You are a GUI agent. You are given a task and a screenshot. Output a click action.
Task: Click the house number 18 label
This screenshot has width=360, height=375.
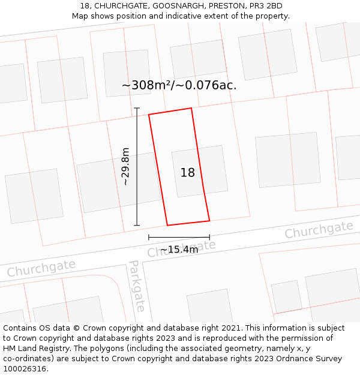point(187,173)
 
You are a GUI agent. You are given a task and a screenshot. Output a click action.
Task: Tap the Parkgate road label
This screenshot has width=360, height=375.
point(137,286)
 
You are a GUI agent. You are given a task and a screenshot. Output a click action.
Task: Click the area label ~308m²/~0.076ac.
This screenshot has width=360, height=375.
point(179,85)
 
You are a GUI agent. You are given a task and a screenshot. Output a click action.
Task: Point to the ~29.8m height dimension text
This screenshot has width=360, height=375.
point(125,166)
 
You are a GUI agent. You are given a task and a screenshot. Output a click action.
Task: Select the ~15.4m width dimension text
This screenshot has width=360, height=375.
point(179,250)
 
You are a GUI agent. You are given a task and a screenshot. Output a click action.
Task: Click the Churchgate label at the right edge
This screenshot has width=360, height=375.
point(319,230)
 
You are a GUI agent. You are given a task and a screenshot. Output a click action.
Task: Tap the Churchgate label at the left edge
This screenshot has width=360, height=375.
point(41,268)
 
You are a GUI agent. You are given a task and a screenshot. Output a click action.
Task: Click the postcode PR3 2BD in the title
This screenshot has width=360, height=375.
point(266,6)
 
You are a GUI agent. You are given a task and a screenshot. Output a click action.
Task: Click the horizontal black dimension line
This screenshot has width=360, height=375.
point(179,237)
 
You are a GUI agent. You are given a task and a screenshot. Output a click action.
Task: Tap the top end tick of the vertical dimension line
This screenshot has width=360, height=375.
point(137,109)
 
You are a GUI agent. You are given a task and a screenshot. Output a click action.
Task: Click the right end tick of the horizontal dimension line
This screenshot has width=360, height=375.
point(209,237)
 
